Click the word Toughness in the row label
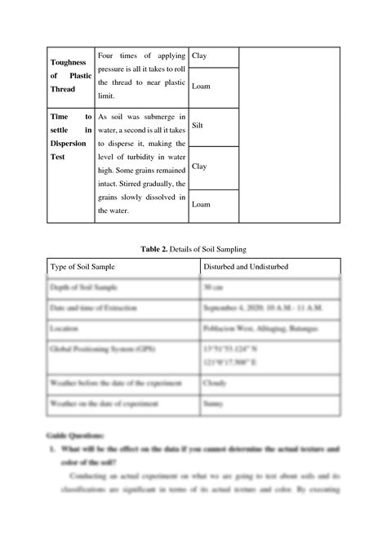(47, 61)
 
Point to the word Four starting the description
(108, 56)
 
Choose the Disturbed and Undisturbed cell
(244, 267)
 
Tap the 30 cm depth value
(212, 287)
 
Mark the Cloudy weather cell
(216, 381)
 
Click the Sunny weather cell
(215, 402)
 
